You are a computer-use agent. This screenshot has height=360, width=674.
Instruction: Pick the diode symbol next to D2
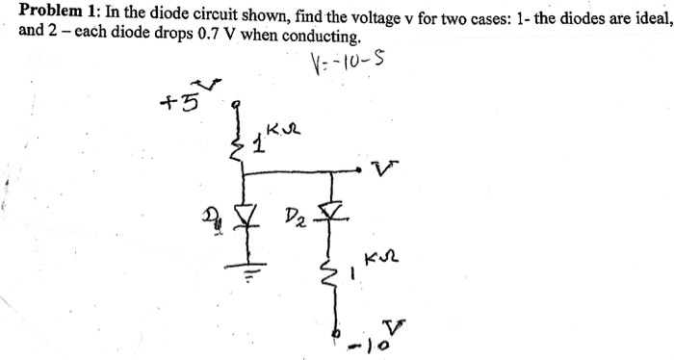[334, 209]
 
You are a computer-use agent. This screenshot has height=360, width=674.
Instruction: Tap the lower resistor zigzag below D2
[335, 279]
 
